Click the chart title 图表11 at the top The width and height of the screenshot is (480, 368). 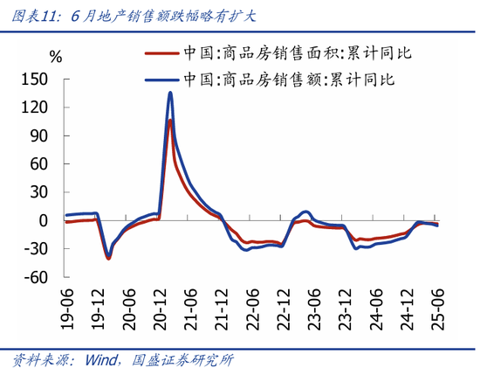click(35, 16)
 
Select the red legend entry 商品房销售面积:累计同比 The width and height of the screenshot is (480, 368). click(278, 53)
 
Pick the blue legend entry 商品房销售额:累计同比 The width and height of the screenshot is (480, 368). click(270, 80)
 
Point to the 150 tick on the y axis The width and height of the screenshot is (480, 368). click(35, 80)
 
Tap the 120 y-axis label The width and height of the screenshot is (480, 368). click(35, 108)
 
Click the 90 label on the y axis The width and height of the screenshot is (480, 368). click(39, 135)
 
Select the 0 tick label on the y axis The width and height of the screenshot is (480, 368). click(44, 220)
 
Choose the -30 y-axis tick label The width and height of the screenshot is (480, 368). click(36, 249)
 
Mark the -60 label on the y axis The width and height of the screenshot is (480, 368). click(36, 277)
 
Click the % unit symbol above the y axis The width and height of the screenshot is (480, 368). click(56, 57)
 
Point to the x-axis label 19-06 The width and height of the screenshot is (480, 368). click(67, 309)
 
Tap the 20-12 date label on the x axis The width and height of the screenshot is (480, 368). click(160, 309)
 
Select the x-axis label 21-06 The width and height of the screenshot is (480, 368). click(191, 309)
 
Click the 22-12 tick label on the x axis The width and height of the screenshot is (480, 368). click(284, 309)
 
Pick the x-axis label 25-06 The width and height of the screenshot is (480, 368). click(438, 309)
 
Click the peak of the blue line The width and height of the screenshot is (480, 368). click(170, 93)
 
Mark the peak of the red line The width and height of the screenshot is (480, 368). click(170, 121)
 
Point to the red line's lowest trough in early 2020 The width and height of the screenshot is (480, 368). click(108, 259)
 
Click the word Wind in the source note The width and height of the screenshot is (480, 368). click(101, 360)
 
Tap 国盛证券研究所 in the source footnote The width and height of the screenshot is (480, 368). click(182, 360)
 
